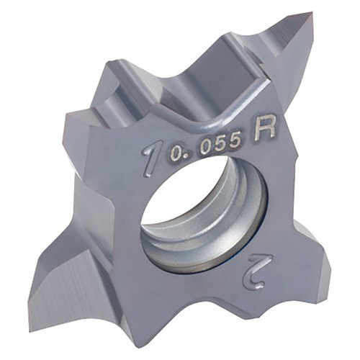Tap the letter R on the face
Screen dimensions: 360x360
tap(265, 129)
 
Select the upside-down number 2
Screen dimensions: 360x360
tap(257, 271)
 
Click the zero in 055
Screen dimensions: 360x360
tap(209, 148)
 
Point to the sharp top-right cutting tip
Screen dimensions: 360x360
tap(312, 12)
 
